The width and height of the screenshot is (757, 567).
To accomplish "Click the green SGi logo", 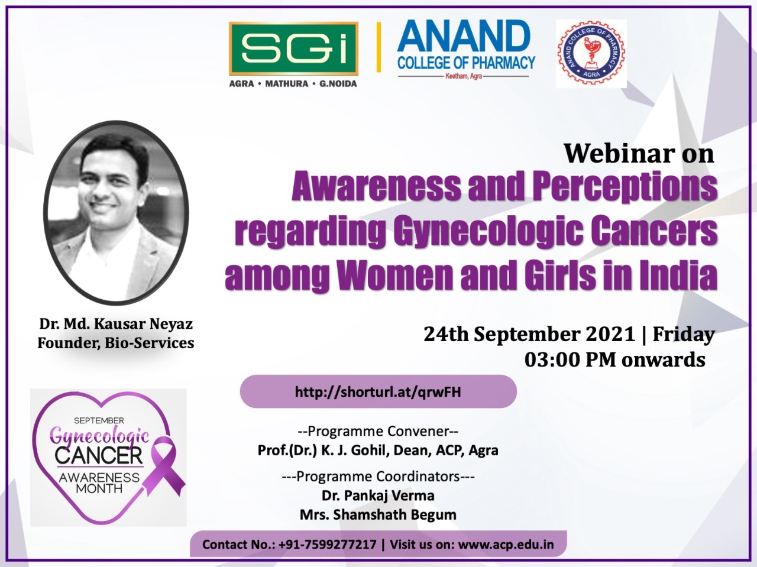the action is click(293, 48).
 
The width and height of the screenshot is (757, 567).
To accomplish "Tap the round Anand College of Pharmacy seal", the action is click(591, 53).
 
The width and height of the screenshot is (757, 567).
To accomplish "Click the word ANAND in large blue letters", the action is click(464, 36).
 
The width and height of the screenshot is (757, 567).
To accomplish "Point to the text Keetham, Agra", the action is click(464, 76).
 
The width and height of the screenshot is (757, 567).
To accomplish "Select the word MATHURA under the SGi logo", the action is click(287, 84).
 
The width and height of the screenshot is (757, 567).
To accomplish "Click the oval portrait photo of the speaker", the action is click(117, 213).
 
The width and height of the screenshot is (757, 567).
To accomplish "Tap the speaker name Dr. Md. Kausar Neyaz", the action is click(116, 324).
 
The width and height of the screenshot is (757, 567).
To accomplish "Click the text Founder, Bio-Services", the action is click(116, 343).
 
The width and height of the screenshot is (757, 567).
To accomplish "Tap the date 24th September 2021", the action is click(529, 334).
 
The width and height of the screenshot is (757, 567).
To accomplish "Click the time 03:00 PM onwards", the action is click(615, 360).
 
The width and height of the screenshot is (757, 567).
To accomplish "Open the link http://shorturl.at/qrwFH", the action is click(378, 392).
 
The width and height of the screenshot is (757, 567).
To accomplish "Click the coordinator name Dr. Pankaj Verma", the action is click(378, 495).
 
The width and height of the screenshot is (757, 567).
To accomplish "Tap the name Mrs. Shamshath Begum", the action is click(378, 514).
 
